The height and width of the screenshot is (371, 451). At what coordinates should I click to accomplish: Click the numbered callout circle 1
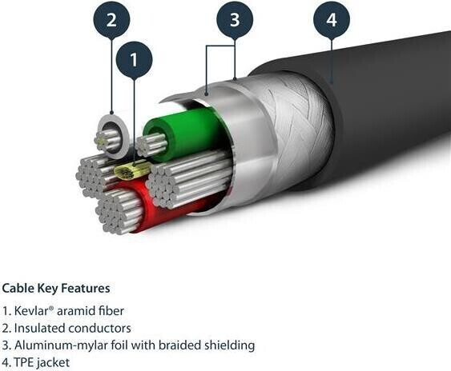click(x=134, y=60)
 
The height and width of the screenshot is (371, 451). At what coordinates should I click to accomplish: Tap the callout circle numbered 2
click(x=111, y=19)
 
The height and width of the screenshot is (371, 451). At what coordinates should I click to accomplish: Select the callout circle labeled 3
click(x=235, y=19)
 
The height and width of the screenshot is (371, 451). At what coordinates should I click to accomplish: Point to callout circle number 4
click(x=332, y=19)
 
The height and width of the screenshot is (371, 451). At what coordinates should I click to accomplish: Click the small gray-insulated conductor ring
click(x=112, y=136)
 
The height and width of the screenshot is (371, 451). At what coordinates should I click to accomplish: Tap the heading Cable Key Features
click(x=56, y=289)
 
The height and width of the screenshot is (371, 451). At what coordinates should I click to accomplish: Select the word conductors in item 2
click(x=100, y=328)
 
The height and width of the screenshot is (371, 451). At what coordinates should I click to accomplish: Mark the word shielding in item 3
click(x=230, y=345)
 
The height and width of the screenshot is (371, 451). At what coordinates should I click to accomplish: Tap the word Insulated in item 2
click(x=40, y=328)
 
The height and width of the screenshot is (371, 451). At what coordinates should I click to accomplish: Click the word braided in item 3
click(x=179, y=345)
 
